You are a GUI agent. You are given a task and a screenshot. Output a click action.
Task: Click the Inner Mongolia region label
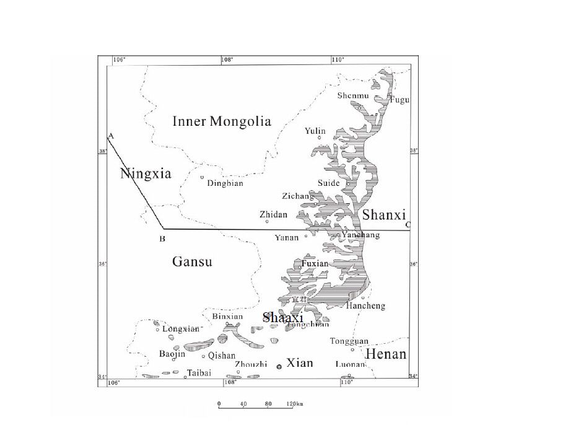[221, 121]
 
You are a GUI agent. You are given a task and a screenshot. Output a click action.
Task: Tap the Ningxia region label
[145, 173]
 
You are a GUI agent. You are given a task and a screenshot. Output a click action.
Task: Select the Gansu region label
[192, 261]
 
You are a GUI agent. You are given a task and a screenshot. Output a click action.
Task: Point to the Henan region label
[386, 354]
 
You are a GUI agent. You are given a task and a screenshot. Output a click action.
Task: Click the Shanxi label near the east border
[383, 215]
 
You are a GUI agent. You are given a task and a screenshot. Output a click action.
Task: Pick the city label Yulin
[315, 131]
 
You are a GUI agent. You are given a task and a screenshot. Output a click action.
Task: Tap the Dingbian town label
[225, 183]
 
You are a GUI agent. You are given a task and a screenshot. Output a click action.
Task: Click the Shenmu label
[352, 95]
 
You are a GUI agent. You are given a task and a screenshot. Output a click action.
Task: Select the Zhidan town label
[273, 214]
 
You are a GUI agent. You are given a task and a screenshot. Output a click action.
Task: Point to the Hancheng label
[365, 305]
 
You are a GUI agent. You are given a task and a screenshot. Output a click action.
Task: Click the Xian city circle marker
[279, 366]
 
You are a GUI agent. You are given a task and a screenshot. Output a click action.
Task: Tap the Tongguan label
[349, 341]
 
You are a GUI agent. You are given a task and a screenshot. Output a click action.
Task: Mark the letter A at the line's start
[110, 135]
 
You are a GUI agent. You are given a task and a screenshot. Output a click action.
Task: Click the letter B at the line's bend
[162, 238]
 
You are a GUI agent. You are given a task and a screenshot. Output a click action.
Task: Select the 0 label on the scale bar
[219, 404]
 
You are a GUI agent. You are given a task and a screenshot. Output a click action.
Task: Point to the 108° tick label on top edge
[227, 59]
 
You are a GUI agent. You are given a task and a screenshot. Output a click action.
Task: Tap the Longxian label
[181, 329]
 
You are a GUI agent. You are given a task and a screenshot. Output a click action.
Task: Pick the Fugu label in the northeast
[399, 100]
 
